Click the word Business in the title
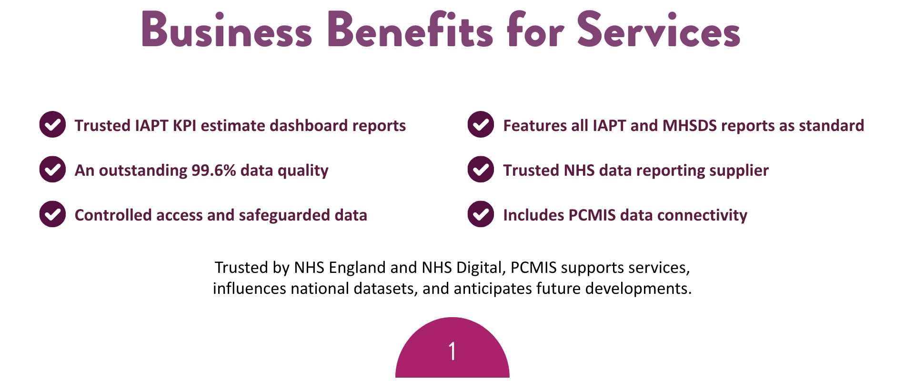point(227,30)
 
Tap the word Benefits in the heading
point(410,30)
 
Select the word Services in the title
point(659,30)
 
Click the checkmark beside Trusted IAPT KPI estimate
point(52,125)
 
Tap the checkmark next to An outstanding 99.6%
point(52,170)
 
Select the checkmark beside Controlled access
point(52,214)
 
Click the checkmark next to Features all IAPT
point(481,125)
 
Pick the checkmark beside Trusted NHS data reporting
point(481,170)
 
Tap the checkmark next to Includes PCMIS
point(481,214)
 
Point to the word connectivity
point(702,216)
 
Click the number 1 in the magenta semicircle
point(452,351)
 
